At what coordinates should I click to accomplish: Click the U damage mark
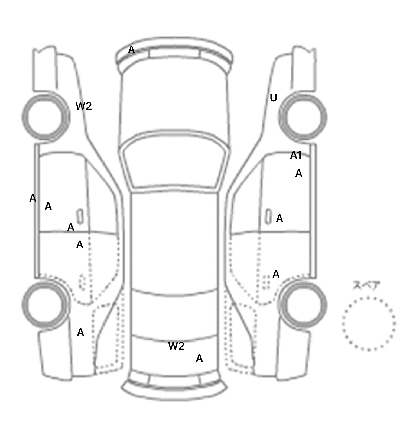point(274,98)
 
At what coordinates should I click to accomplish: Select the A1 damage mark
point(296,155)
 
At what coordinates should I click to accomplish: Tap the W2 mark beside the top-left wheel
point(84,106)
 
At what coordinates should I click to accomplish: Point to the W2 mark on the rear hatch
point(176,346)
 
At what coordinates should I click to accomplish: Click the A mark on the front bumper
point(131,50)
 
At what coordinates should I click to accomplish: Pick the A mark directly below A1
point(299,173)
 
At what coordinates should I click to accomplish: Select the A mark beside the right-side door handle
point(279,218)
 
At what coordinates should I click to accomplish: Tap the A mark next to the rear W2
point(199,358)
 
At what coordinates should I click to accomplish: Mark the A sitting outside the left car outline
point(33,198)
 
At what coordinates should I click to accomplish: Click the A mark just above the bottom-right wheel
point(276,274)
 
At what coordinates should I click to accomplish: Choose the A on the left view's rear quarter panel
point(80,332)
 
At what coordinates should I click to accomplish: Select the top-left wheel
point(46,117)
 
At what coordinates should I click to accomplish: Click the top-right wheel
point(303,117)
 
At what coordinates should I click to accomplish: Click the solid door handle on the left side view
point(80,216)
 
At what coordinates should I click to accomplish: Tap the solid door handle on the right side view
point(268,216)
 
